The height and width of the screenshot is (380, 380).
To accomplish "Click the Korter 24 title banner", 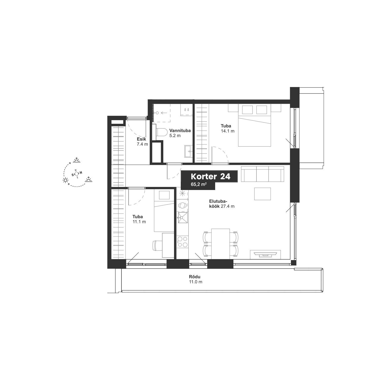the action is click(x=211, y=177).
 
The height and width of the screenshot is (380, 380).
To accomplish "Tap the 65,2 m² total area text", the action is click(x=199, y=184).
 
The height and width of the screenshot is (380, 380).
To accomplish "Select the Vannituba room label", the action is click(x=180, y=130).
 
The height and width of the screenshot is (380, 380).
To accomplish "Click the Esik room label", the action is click(x=141, y=139).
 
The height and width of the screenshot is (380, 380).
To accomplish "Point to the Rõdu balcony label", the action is click(x=195, y=277).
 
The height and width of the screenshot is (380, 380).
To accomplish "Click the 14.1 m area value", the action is click(x=228, y=131).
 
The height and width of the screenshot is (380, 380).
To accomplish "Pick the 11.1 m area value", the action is click(x=139, y=222).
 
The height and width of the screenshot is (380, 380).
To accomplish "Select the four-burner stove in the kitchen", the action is click(x=183, y=241).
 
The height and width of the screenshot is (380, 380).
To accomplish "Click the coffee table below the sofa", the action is click(x=262, y=194).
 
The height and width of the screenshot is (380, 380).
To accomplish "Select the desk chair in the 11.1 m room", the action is click(x=157, y=245).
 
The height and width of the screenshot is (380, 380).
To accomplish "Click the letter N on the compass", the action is click(x=81, y=173).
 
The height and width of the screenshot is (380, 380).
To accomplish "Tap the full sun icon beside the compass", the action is click(x=65, y=180).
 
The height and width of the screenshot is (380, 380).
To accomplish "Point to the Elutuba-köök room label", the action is click(x=222, y=204).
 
